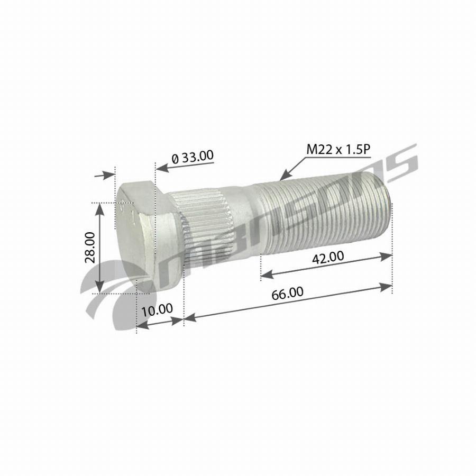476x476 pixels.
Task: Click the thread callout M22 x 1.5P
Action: (x=338, y=149)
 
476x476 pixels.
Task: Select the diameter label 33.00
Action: (x=193, y=157)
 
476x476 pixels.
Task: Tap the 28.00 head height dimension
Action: (x=90, y=247)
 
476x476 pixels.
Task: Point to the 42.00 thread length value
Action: (x=328, y=257)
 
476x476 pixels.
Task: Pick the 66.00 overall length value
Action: (x=287, y=293)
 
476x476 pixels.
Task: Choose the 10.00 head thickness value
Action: (x=157, y=310)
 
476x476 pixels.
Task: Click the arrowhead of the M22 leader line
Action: (x=285, y=176)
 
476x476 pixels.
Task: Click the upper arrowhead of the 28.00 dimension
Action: (x=99, y=210)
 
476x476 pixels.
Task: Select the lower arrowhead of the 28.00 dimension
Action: (x=99, y=286)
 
